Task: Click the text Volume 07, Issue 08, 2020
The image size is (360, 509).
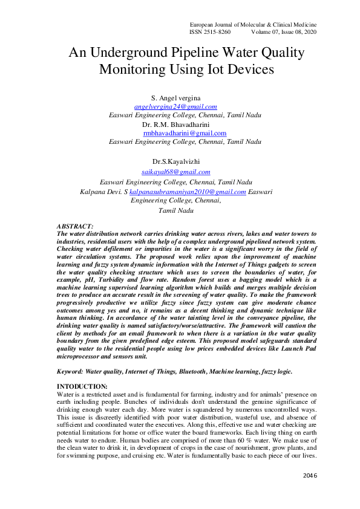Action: pyautogui.click(x=284, y=31)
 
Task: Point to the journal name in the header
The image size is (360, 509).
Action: pyautogui.click(x=253, y=24)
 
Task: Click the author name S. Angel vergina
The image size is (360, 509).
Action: pyautogui.click(x=175, y=97)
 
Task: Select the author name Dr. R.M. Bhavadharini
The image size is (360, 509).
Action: pyautogui.click(x=175, y=123)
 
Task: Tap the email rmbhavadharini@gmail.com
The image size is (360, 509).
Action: pyautogui.click(x=185, y=132)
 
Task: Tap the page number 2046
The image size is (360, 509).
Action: pyautogui.click(x=310, y=476)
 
